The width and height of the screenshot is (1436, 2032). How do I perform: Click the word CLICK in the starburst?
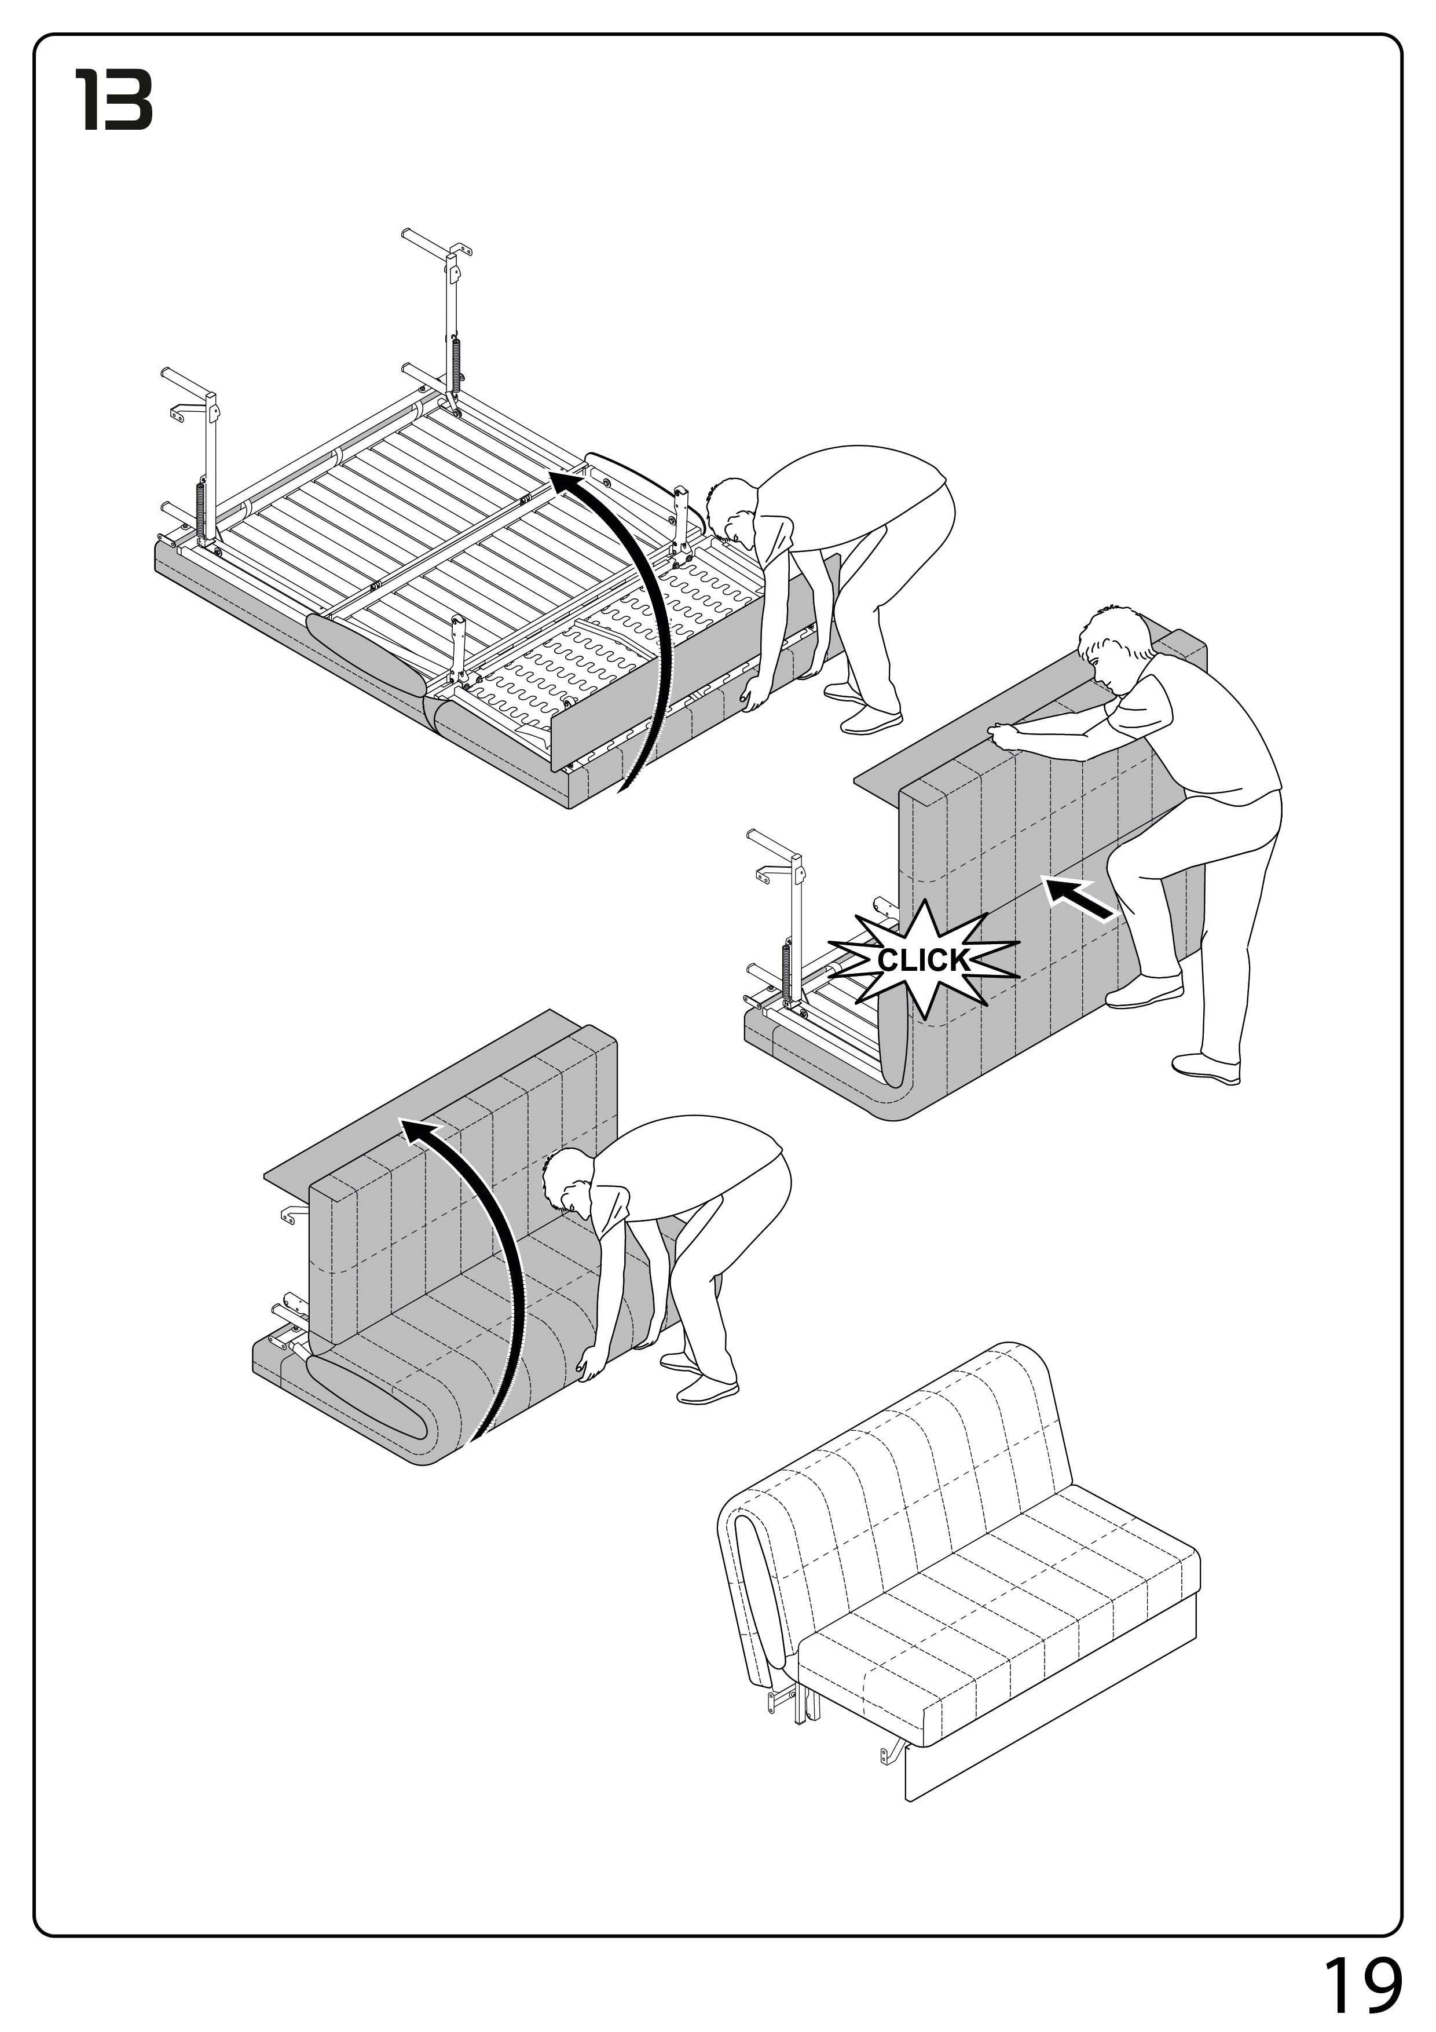click(x=923, y=960)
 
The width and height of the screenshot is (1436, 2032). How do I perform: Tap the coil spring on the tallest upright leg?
click(x=456, y=367)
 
